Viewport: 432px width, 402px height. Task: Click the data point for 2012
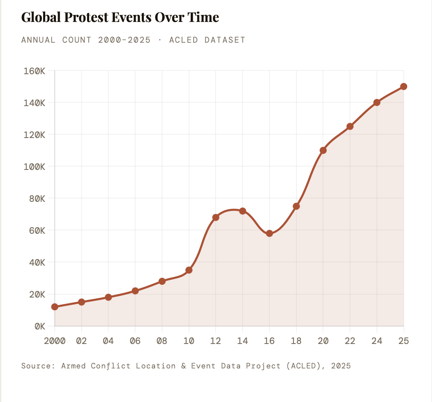216,217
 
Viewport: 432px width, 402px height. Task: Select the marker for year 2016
269,233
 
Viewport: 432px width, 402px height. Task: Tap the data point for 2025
404,87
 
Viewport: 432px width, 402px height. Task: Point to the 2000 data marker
55,307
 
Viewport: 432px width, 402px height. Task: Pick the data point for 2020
323,150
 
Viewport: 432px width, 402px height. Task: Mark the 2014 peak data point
243,211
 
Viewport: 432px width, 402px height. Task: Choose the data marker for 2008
162,281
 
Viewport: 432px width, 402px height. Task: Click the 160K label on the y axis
35,71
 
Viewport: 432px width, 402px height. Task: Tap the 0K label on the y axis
39,326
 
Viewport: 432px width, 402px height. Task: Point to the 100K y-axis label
35,167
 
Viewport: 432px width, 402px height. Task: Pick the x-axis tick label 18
296,341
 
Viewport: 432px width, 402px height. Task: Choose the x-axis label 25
404,341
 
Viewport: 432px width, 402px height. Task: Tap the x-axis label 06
135,341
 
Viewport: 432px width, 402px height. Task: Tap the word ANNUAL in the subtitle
39,40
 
